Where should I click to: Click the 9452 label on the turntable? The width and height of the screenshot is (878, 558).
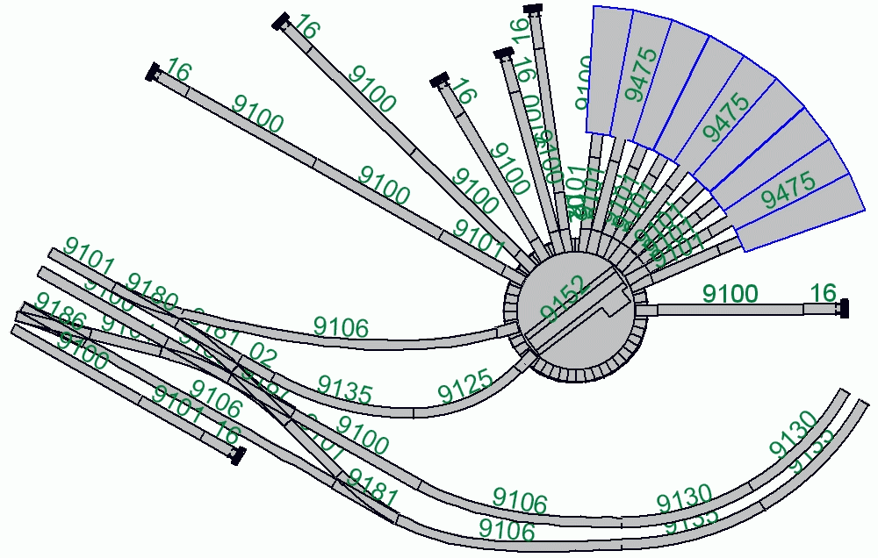pyautogui.click(x=563, y=299)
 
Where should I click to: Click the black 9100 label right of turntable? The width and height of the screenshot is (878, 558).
pyautogui.click(x=730, y=294)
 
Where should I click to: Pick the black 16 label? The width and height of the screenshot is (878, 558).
pyautogui.click(x=823, y=293)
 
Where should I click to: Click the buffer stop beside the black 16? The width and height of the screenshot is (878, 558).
pyautogui.click(x=845, y=308)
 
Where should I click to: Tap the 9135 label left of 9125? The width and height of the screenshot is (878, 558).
pyautogui.click(x=344, y=390)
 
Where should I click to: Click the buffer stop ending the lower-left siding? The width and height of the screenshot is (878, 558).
pyautogui.click(x=236, y=454)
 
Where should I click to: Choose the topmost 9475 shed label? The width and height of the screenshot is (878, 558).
pyautogui.click(x=641, y=75)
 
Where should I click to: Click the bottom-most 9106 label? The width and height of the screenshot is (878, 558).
pyautogui.click(x=507, y=530)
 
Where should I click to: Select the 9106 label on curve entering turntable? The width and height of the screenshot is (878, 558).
pyautogui.click(x=341, y=327)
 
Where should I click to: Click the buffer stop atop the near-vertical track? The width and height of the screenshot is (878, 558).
pyautogui.click(x=532, y=10)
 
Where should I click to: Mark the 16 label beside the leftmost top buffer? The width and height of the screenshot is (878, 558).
pyautogui.click(x=177, y=72)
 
